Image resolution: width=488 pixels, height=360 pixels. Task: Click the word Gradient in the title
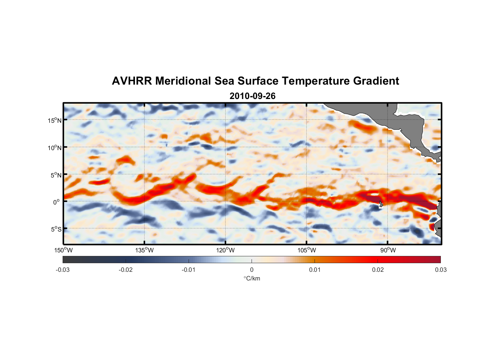point(376,81)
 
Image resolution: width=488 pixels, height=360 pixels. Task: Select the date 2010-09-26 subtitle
point(253,96)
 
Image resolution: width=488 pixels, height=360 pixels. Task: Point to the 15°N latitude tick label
point(55,120)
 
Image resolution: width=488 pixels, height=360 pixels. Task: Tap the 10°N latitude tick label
point(55,148)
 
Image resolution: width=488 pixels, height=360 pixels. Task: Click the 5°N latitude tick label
point(56,175)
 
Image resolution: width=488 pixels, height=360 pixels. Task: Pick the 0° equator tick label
point(57,202)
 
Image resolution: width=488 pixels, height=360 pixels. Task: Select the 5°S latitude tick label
point(56,229)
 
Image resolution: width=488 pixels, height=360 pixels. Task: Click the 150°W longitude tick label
point(63,251)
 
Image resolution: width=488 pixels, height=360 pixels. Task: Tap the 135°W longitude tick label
point(145,251)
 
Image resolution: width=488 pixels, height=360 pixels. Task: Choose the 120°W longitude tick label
point(226,251)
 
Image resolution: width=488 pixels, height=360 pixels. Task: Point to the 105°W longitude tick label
point(307,251)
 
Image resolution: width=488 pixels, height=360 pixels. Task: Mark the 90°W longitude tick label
point(388,251)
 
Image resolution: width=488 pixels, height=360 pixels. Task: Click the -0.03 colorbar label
point(63,270)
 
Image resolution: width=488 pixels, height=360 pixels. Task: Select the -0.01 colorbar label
point(189,270)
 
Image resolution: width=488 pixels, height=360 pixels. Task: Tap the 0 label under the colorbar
point(252,270)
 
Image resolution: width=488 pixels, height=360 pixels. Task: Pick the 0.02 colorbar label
point(378,270)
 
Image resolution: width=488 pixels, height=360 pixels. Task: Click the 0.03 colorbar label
point(440,270)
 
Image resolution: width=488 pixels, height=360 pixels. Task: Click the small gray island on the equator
point(381,204)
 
